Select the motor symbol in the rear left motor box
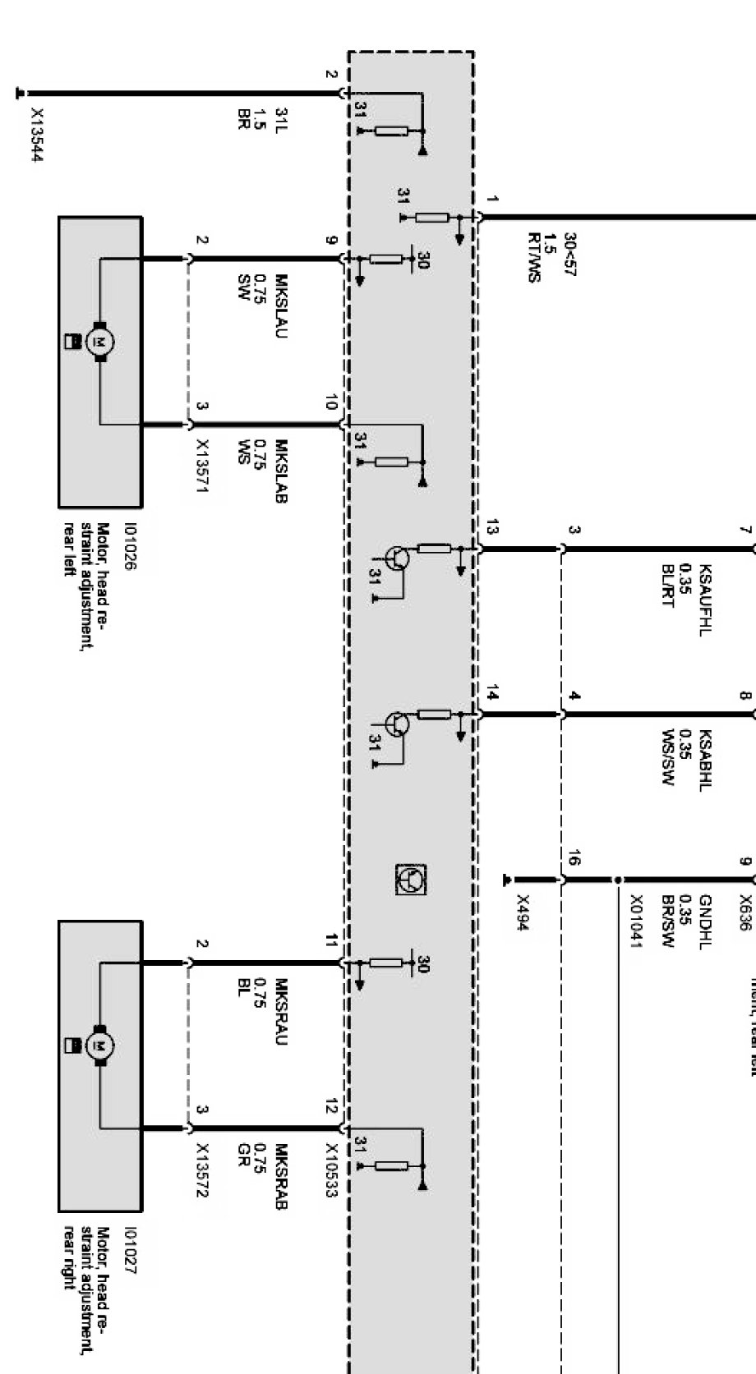pyautogui.click(x=101, y=341)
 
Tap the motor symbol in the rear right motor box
pyautogui.click(x=101, y=1045)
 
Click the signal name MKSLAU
pyautogui.click(x=281, y=305)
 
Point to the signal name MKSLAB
pyautogui.click(x=281, y=471)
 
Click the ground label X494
pyautogui.click(x=522, y=912)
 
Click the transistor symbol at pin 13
pyautogui.click(x=400, y=558)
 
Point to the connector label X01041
pyautogui.click(x=635, y=921)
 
